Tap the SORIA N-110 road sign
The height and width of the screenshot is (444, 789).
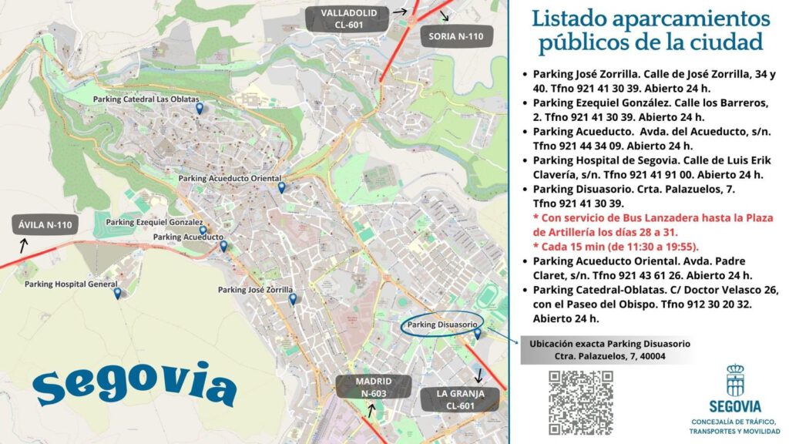tap(455, 36)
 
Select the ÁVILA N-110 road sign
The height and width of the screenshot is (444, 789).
tap(44, 225)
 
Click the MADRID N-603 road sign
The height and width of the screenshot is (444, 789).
tap(373, 388)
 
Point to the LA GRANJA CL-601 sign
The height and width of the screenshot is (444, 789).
tap(461, 399)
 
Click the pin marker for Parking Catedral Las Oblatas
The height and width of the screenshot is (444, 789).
tap(199, 109)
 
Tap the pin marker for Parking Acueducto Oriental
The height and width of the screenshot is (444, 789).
tap(281, 187)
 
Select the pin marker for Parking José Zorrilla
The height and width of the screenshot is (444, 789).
tap(292, 300)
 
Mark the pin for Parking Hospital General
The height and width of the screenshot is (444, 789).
tap(117, 293)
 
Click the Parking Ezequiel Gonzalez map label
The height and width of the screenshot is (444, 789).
tap(154, 222)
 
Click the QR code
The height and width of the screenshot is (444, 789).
tap(580, 402)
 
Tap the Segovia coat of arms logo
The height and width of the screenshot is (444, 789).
tap(735, 380)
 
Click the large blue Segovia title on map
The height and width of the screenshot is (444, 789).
tap(135, 383)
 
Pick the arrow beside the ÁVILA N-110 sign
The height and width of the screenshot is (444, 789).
tap(23, 246)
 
